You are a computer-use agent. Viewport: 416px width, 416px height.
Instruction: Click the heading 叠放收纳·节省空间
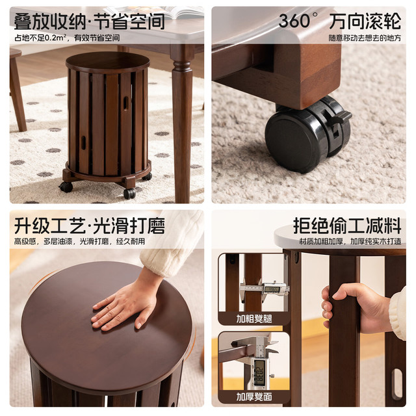point(90,21)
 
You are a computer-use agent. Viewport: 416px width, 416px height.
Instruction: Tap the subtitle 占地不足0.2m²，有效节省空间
point(67,38)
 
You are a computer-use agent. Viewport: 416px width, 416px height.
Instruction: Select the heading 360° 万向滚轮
point(340,21)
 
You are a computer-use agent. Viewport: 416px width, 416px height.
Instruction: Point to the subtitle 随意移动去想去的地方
point(365,38)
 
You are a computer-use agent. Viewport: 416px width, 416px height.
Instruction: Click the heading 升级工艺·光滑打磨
point(90,226)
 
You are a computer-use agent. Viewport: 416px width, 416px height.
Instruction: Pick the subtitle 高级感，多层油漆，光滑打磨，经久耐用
point(79,241)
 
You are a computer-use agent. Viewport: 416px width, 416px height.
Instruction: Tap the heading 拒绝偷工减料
point(347,226)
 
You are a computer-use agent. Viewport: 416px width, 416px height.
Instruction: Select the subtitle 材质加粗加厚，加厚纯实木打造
point(350,241)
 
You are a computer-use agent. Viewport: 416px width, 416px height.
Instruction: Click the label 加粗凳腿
point(254,318)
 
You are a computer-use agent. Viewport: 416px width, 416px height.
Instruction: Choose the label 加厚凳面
point(254,396)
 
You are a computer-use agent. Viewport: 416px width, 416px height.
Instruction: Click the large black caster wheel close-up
point(307,135)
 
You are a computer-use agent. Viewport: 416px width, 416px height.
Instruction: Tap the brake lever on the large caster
point(341,116)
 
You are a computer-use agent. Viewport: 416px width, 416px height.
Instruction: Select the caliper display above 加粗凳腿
point(273,289)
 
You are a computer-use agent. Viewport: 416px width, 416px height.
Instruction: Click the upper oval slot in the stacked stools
point(125,103)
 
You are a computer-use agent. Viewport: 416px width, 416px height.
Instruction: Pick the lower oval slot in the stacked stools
point(83,142)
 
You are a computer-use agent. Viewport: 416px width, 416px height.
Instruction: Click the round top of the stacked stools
point(108,62)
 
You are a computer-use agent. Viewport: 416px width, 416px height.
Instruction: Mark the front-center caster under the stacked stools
point(129,194)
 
